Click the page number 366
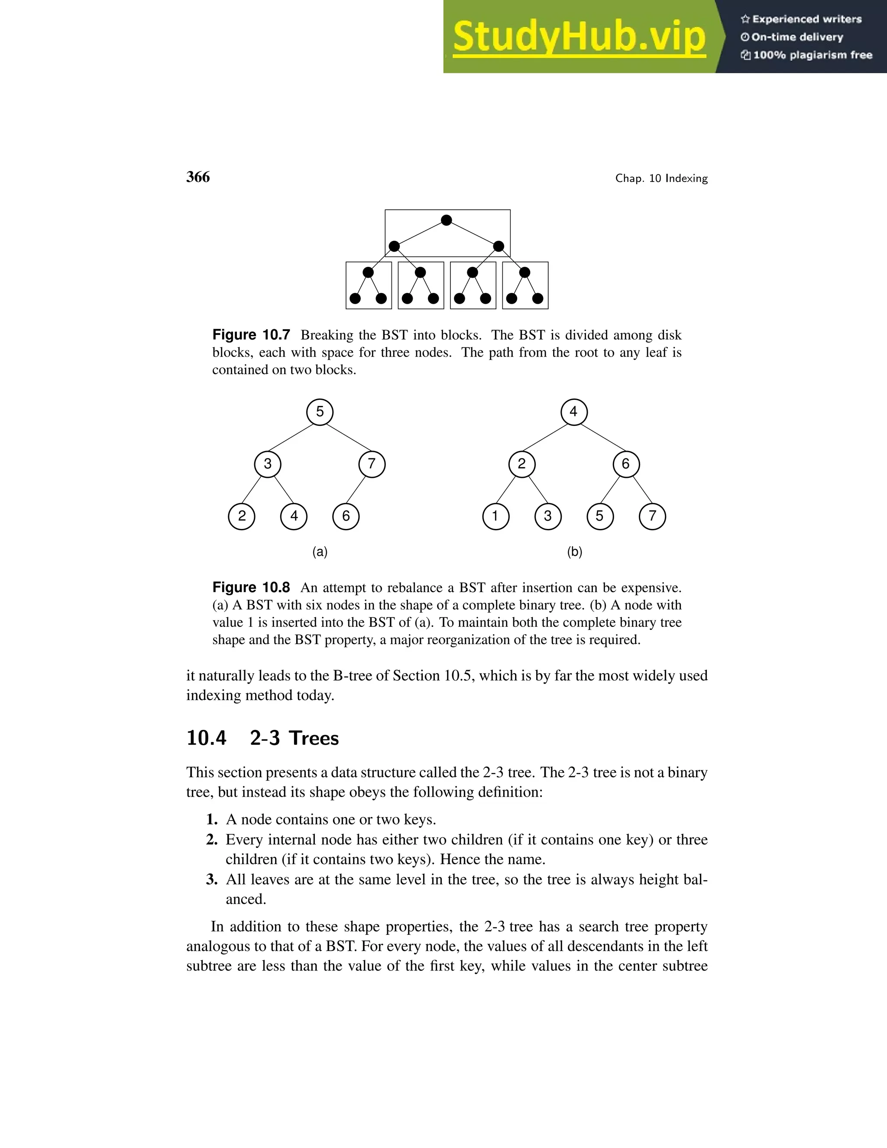pyautogui.click(x=198, y=177)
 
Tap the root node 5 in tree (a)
pyautogui.click(x=320, y=412)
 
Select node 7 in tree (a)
pyautogui.click(x=372, y=464)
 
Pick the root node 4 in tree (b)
pyautogui.click(x=574, y=412)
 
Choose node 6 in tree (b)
pyautogui.click(x=626, y=464)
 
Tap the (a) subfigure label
pyautogui.click(x=320, y=551)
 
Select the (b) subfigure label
pyautogui.click(x=574, y=551)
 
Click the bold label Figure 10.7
pyautogui.click(x=251, y=335)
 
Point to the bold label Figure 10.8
pyautogui.click(x=251, y=587)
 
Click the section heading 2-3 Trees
pyautogui.click(x=294, y=738)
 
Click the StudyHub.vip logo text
pyautogui.click(x=579, y=37)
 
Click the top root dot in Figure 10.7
pyautogui.click(x=447, y=220)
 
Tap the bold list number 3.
pyautogui.click(x=211, y=879)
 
